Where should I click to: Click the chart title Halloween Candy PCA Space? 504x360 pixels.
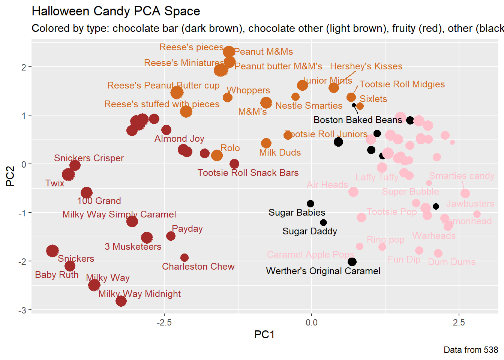(x=116, y=11)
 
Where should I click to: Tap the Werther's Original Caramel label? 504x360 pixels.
(x=323, y=271)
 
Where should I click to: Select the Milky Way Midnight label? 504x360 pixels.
(x=139, y=294)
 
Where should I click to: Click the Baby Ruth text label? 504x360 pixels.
(x=57, y=275)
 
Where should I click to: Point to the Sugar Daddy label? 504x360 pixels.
(x=309, y=231)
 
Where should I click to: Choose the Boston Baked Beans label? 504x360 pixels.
(x=357, y=120)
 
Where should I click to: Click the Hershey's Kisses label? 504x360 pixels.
(x=366, y=66)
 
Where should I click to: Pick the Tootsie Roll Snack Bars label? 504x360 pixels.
(x=248, y=173)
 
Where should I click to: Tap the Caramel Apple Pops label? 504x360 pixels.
(x=310, y=255)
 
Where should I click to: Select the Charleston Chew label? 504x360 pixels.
(x=198, y=267)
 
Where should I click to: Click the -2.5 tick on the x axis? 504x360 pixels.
(x=164, y=322)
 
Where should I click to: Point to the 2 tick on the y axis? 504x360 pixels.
(x=24, y=67)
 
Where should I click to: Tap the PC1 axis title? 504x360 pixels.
(x=264, y=334)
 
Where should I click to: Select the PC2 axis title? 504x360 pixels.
(x=10, y=176)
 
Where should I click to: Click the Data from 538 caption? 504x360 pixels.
(x=471, y=350)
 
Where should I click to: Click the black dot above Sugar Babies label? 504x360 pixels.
(x=310, y=204)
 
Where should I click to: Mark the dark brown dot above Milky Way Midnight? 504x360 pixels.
(x=94, y=285)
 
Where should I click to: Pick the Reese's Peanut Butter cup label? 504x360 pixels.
(x=163, y=85)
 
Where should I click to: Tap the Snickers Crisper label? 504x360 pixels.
(x=88, y=158)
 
